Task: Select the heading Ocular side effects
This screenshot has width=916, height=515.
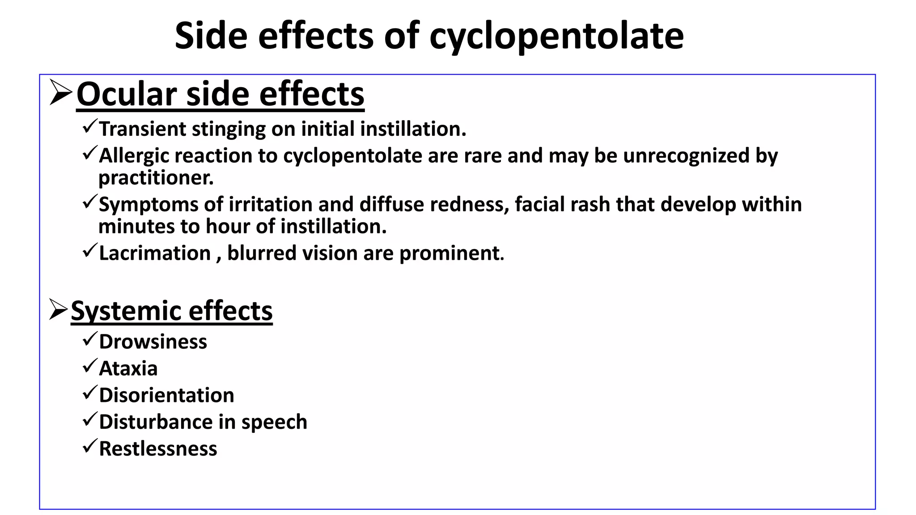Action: [x=220, y=94]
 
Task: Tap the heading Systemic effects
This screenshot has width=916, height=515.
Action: [x=171, y=311]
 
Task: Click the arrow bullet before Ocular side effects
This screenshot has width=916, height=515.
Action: [x=60, y=93]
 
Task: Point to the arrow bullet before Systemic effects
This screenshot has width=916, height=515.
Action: [x=59, y=309]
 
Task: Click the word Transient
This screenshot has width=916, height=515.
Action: [x=142, y=129]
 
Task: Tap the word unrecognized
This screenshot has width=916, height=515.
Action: [x=686, y=156]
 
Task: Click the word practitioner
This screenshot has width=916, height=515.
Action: [x=156, y=178]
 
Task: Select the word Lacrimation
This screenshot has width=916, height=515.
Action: [x=155, y=253]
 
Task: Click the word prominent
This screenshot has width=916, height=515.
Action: [x=451, y=253]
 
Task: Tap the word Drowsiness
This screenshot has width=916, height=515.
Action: [x=153, y=342]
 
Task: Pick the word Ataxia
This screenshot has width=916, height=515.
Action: [x=128, y=369]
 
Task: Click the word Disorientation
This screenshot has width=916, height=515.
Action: [x=166, y=396]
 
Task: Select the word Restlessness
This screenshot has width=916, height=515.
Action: [x=158, y=449]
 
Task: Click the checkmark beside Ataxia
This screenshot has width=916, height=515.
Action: [x=89, y=367]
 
